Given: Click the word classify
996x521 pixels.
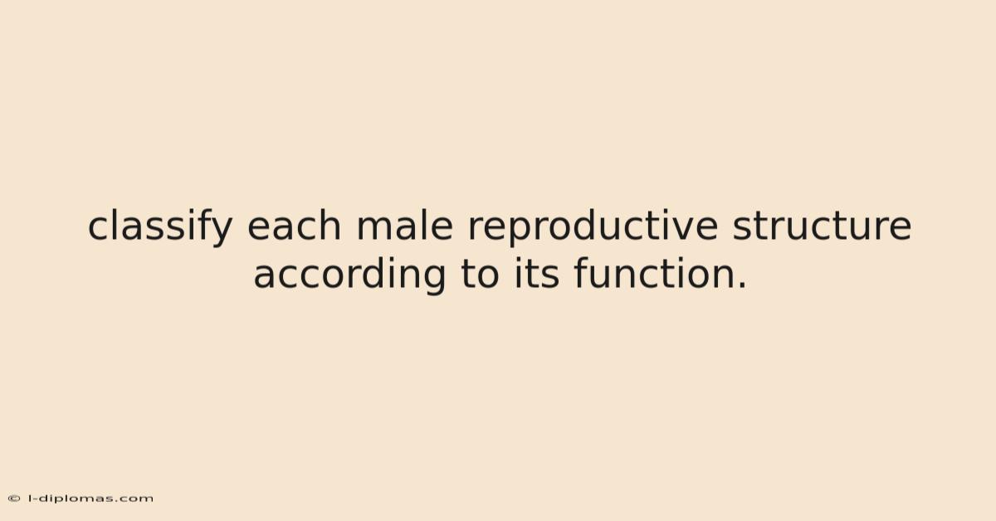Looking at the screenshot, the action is point(160,226).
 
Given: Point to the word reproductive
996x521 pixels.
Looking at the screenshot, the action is point(593,227).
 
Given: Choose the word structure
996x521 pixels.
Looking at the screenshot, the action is point(822,226).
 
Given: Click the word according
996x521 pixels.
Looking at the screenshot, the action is point(349,275).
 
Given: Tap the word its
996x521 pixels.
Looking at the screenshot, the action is point(536,274).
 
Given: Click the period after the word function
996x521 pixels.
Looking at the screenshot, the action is point(742,286).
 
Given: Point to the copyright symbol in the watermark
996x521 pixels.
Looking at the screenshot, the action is point(14,499).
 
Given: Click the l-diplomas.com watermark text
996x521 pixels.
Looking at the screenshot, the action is point(91,499).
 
